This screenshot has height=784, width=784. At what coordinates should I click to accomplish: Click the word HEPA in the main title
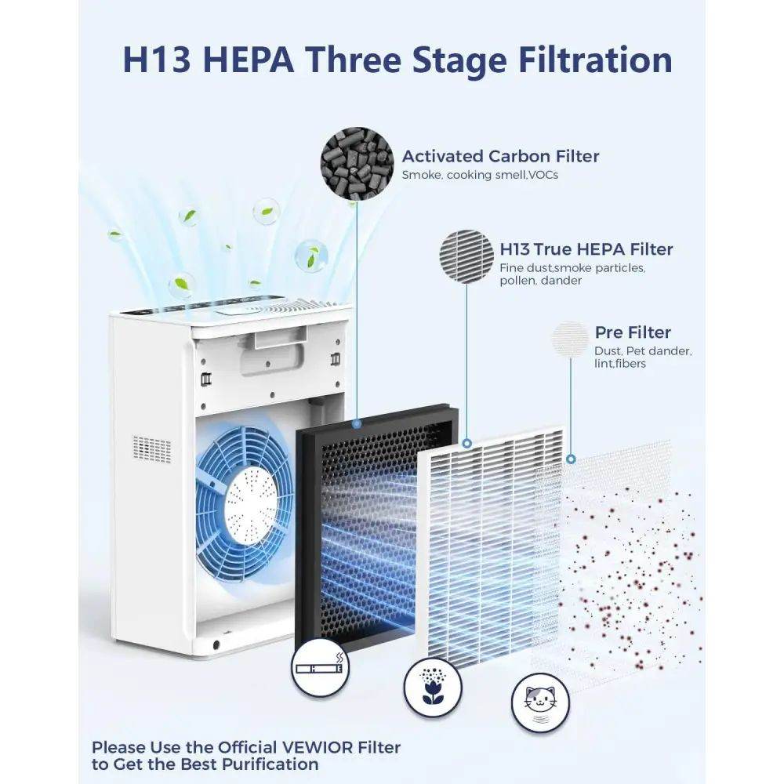(x=249, y=60)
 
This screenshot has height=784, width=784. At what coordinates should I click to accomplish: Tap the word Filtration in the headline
(x=595, y=60)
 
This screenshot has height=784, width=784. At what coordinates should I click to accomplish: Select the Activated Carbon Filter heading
(x=500, y=156)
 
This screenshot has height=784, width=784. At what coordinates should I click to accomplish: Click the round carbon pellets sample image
(x=357, y=164)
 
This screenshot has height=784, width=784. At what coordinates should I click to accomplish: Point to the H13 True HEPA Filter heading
(x=586, y=249)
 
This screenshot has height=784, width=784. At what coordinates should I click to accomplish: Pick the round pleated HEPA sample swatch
(x=466, y=256)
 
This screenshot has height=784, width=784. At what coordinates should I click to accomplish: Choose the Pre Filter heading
(x=633, y=332)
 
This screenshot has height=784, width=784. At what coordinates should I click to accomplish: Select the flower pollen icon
(x=433, y=688)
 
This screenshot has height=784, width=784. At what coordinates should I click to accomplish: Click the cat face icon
(x=540, y=702)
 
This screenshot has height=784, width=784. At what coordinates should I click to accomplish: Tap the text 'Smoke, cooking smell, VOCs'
(x=480, y=175)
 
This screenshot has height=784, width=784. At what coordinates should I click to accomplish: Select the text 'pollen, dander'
(x=540, y=281)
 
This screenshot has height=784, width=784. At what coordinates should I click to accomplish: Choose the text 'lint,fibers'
(x=620, y=364)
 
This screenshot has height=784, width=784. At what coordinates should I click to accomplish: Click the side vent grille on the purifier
(x=152, y=449)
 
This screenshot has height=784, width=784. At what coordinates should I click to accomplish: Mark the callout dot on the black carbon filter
(x=357, y=423)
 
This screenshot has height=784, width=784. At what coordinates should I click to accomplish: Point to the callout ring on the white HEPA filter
(x=467, y=443)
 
